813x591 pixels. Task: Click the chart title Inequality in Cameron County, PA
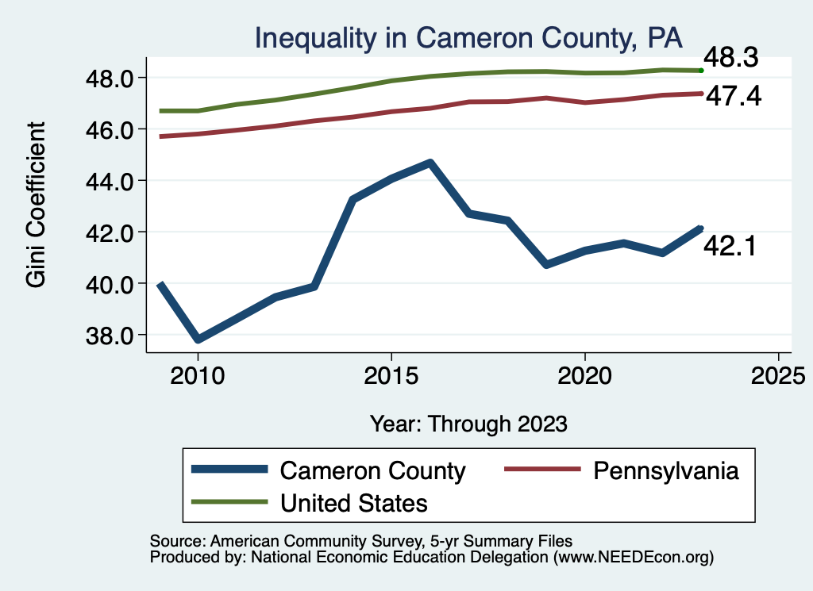pos(468,37)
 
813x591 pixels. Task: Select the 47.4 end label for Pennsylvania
pos(734,97)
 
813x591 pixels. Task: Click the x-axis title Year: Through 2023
pos(468,424)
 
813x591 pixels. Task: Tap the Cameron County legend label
pos(373,470)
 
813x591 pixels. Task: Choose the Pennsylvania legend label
pos(666,470)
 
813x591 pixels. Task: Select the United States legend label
pos(354,503)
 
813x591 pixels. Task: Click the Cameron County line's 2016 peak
pos(430,163)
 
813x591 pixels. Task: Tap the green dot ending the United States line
pos(701,71)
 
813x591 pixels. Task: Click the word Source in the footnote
pos(172,541)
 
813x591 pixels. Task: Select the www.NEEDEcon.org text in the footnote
pos(631,558)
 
